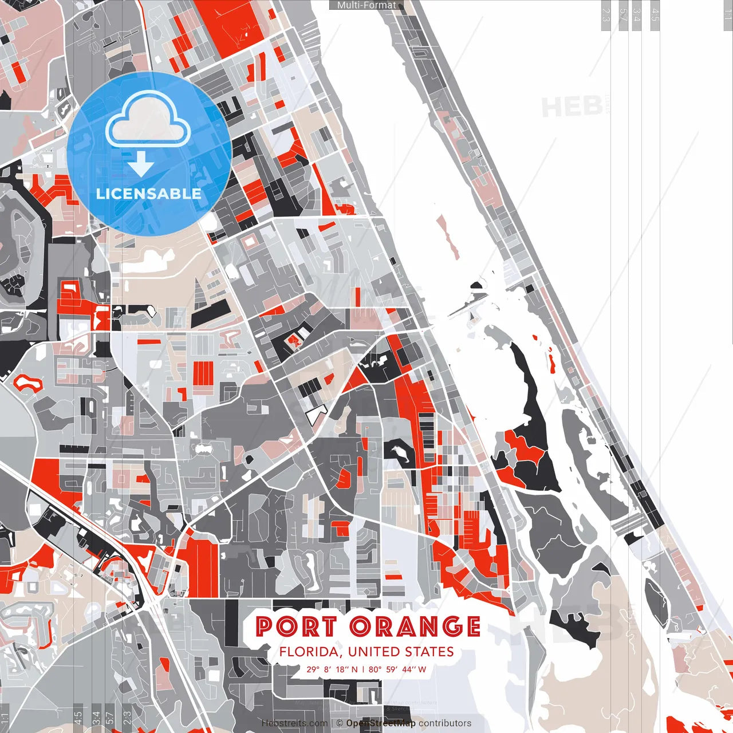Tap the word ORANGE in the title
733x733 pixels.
point(415,626)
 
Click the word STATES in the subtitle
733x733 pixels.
point(429,652)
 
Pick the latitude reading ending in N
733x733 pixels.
point(332,669)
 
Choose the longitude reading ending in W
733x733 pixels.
point(397,669)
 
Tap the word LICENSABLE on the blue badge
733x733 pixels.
point(149,194)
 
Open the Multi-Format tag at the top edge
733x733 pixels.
point(366,5)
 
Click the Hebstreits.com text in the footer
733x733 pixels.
point(294,723)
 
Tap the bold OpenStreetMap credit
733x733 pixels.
point(380,723)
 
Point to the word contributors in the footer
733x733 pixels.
point(445,723)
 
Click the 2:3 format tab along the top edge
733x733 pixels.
point(606,15)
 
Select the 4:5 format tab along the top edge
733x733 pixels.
point(655,15)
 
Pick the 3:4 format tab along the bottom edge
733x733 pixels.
point(96,716)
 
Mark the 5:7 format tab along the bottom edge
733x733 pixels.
point(109,716)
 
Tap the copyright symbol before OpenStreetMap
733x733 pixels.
point(340,723)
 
